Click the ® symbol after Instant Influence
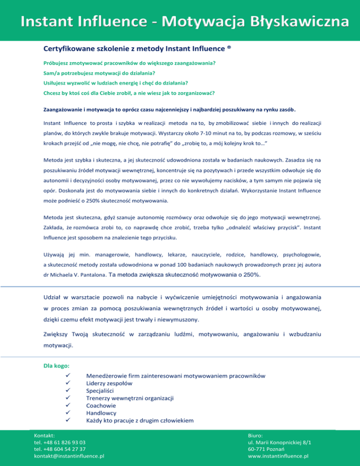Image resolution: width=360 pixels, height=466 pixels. [229, 47]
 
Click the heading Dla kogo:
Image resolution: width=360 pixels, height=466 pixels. [57, 364]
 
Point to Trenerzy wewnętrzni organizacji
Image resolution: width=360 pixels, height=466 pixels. [130, 398]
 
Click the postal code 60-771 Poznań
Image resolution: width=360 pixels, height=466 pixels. [270, 449]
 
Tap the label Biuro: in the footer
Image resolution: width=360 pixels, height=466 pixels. [256, 435]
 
